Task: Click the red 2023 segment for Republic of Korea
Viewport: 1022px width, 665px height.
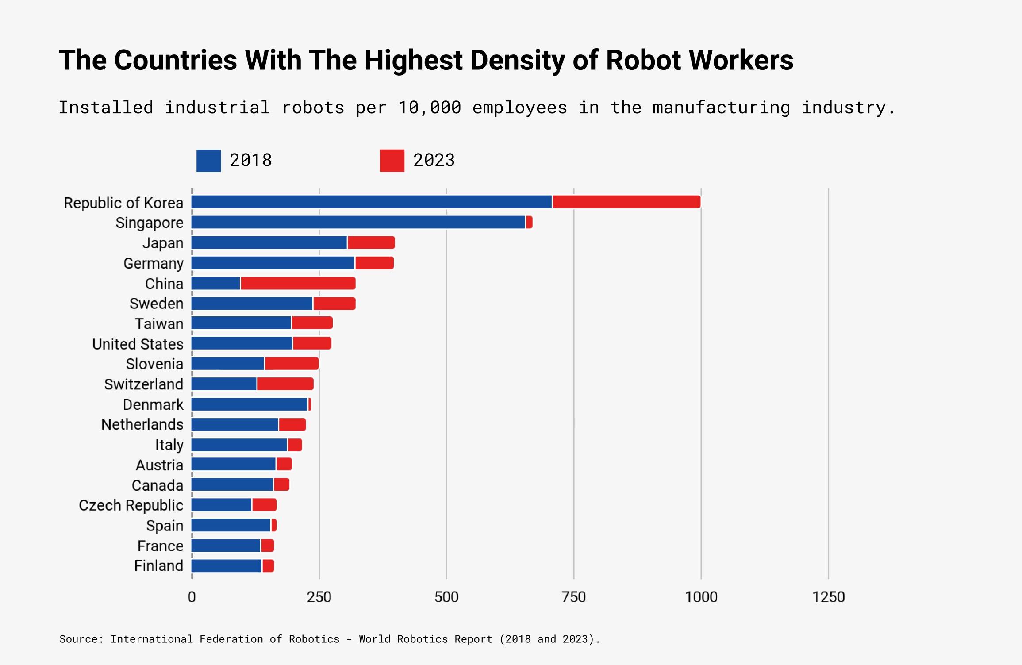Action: click(626, 202)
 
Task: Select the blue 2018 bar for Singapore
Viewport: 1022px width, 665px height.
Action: click(358, 222)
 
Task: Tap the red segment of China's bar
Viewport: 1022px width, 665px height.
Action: click(298, 283)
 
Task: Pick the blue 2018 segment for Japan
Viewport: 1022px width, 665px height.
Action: click(269, 242)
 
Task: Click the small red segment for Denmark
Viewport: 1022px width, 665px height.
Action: click(310, 404)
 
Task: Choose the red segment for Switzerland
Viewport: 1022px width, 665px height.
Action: click(285, 384)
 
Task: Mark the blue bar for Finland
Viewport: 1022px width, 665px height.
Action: click(227, 566)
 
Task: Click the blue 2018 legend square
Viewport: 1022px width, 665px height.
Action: click(208, 161)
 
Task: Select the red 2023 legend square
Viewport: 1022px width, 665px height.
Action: click(392, 161)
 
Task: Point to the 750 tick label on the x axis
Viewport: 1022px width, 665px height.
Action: click(573, 597)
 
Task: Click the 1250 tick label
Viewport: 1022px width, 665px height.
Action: click(828, 597)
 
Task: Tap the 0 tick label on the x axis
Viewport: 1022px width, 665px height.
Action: click(192, 597)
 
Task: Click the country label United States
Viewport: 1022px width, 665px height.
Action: click(138, 344)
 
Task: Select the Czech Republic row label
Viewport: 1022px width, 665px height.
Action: click(131, 505)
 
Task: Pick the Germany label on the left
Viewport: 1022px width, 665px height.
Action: click(153, 263)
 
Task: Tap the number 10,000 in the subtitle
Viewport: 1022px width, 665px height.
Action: click(429, 108)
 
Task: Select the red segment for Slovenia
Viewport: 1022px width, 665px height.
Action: click(291, 364)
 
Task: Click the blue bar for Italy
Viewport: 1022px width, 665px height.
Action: click(239, 445)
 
